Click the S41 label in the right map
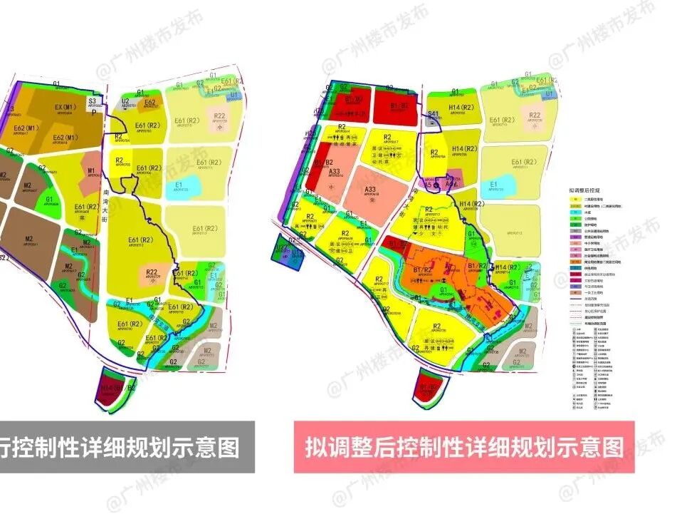(434, 115)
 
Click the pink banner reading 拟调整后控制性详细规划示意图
(463, 447)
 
